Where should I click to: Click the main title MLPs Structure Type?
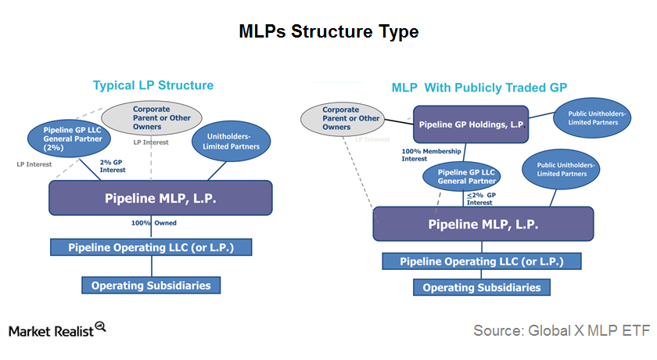328,32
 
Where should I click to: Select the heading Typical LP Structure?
153,85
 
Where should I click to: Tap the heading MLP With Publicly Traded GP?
479,88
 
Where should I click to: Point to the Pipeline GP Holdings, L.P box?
471,124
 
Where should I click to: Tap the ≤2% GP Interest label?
479,198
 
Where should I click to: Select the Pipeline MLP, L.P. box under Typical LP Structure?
160,198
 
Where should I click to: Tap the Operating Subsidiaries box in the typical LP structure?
151,285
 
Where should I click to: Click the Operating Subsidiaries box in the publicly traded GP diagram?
482,287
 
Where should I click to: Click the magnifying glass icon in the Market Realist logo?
100,326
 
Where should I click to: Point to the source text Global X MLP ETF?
562,331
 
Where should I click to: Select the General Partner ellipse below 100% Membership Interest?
461,176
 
